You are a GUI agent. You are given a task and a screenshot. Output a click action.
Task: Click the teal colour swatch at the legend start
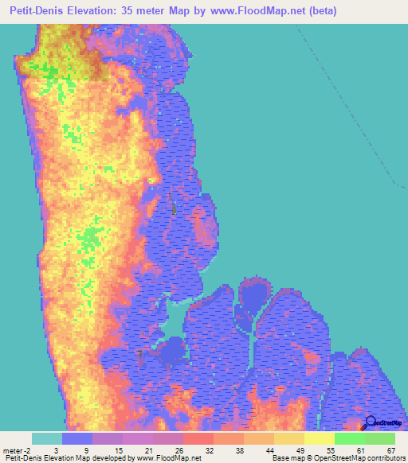tap(46, 438)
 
